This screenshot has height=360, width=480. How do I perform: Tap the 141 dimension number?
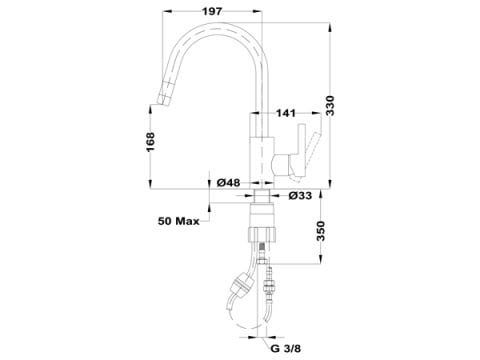point(287,115)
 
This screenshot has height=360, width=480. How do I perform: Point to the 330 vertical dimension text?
point(341,106)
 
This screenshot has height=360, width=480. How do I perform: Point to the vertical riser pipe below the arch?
point(263,110)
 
